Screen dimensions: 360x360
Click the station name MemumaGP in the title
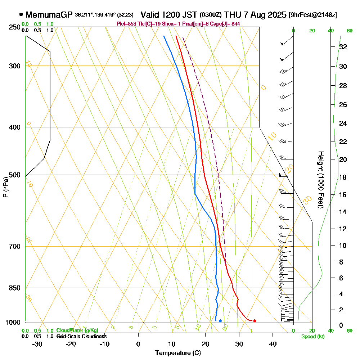click(49, 15)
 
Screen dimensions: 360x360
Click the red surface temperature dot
click(255, 321)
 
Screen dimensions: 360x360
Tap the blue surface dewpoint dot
click(220, 321)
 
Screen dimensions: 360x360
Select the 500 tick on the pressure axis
click(14, 175)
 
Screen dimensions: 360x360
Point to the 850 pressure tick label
click(14, 288)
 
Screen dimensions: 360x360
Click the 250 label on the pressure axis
click(14, 27)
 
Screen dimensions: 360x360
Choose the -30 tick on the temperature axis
click(37, 344)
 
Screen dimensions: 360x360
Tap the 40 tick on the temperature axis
click(273, 344)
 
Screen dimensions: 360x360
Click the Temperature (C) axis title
click(178, 353)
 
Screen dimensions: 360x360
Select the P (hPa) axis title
click(6, 187)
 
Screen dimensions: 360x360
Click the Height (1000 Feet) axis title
click(320, 179)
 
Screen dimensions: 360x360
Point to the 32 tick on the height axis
click(343, 47)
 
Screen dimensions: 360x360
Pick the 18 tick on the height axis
click(343, 177)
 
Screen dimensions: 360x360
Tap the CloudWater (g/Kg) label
click(77, 330)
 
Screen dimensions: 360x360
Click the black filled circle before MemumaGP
click(21, 15)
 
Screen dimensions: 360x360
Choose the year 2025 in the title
click(275, 15)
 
